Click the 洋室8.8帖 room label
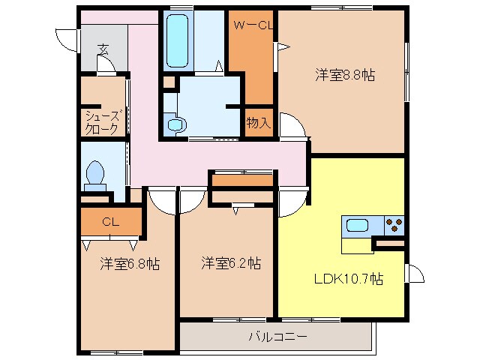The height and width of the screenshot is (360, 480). tap(344, 75)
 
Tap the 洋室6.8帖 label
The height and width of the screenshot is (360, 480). tap(128, 264)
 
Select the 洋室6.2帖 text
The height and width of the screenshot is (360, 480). tap(230, 264)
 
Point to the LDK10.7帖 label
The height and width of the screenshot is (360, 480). tap(348, 279)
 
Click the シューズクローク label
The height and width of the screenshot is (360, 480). tap(101, 122)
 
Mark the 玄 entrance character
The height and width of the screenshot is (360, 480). tap(103, 49)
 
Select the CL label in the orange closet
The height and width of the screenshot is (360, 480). tap(110, 221)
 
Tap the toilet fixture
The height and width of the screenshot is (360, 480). tap(95, 175)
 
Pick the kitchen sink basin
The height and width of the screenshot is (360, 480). tap(356, 224)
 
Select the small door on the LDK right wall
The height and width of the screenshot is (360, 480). tap(415, 274)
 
